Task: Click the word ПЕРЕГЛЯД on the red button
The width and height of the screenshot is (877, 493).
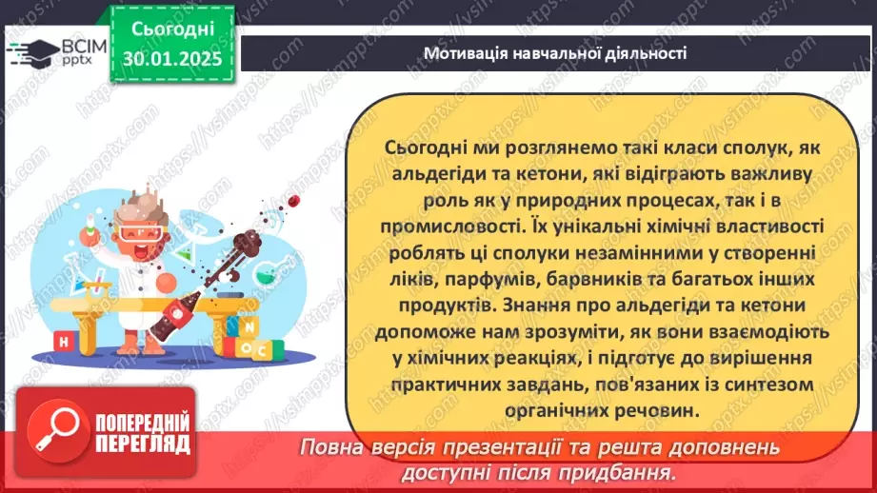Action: pyautogui.click(x=142, y=443)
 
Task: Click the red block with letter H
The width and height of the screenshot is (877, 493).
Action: pyautogui.click(x=63, y=341)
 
